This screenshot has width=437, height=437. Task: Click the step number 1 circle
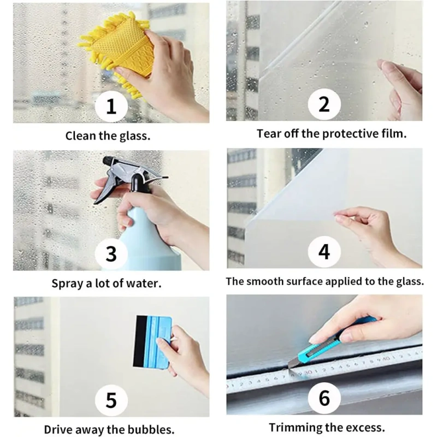pyautogui.click(x=111, y=106)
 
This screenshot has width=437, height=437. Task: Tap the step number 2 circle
pyautogui.click(x=324, y=104)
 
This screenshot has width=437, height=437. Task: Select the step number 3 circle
pyautogui.click(x=111, y=253)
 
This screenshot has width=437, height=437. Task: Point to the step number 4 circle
pyautogui.click(x=324, y=252)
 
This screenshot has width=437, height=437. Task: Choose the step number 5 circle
pyautogui.click(x=111, y=400)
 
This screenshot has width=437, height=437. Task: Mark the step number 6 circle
pyautogui.click(x=324, y=398)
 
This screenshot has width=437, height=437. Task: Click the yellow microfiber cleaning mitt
pyautogui.click(x=120, y=50)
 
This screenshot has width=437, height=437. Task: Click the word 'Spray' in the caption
pyautogui.click(x=67, y=284)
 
